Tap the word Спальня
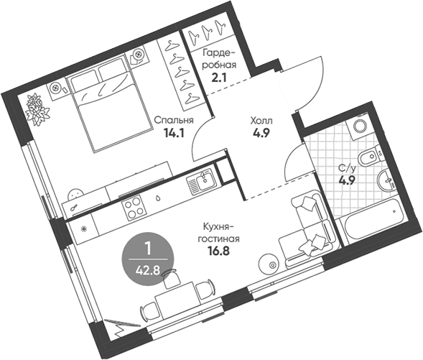pos(174,121)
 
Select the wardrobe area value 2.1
pos(219,78)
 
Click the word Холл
pos(261,121)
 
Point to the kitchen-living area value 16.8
pos(219,251)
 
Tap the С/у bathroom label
pos(348,169)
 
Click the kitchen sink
pos(200,181)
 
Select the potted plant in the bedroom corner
pos(37,109)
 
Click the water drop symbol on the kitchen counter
pos(157,198)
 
